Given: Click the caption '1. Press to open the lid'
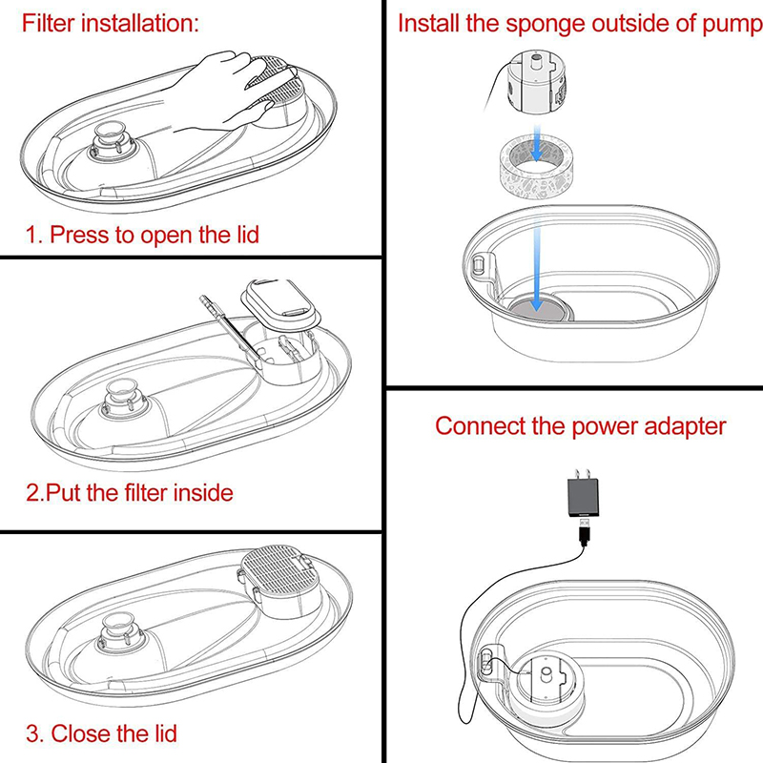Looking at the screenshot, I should (x=141, y=234).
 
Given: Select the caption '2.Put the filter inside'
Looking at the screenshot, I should (x=129, y=493).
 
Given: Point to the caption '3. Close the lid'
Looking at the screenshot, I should (x=100, y=734).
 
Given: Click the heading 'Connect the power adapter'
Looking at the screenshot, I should (x=580, y=425).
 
